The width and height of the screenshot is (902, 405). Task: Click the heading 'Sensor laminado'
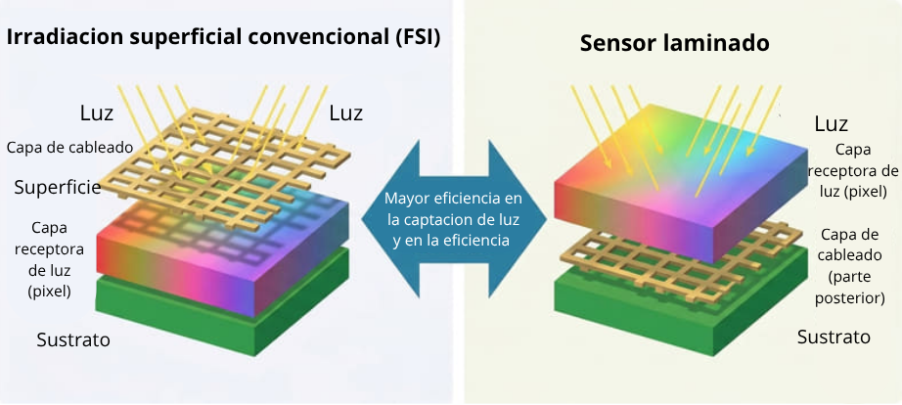674,43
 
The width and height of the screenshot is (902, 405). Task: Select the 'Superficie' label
58,187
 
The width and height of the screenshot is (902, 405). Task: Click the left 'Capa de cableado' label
69,148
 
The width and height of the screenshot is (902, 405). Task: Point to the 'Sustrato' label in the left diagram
73,339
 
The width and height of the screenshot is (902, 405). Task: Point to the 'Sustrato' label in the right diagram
834,337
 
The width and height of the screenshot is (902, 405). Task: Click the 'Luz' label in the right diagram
832,123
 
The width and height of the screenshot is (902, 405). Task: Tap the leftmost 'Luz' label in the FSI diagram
97,113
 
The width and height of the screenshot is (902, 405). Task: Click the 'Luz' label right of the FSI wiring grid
345,113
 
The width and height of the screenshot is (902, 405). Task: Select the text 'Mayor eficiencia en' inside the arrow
453,199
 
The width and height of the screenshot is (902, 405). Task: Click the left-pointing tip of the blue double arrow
362,219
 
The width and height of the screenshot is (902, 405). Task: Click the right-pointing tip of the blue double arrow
546,219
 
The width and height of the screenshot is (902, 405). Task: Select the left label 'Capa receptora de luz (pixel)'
50,259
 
